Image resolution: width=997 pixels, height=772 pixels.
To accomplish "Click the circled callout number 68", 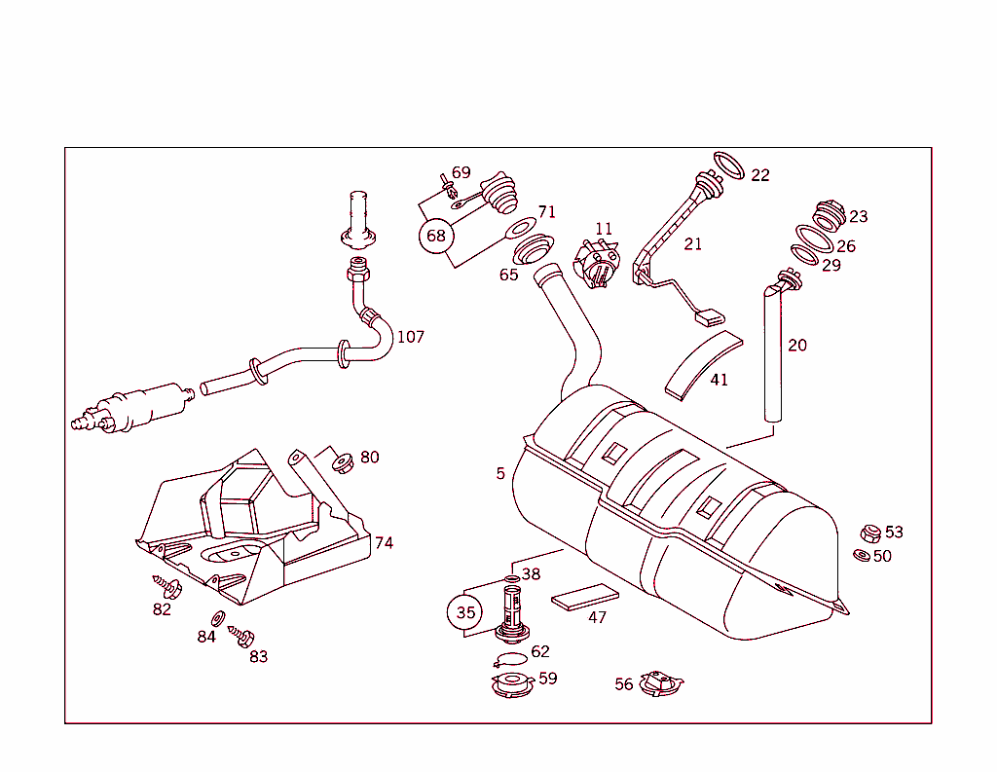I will point(436,236).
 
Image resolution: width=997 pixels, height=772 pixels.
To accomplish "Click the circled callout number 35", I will point(464,612).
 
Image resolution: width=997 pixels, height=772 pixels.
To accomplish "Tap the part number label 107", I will point(410,337).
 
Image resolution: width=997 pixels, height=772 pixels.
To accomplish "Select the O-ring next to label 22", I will point(730,165).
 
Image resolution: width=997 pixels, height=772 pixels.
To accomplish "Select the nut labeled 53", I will point(870,533).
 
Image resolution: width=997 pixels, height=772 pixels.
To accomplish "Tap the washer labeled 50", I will point(862,555).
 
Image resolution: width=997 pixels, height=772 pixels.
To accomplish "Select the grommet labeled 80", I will point(342,461).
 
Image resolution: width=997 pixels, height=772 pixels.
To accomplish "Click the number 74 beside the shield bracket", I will point(384,542).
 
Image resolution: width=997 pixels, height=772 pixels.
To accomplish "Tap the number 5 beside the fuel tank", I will point(500,473).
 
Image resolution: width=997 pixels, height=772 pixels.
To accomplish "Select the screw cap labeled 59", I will point(512,683).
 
